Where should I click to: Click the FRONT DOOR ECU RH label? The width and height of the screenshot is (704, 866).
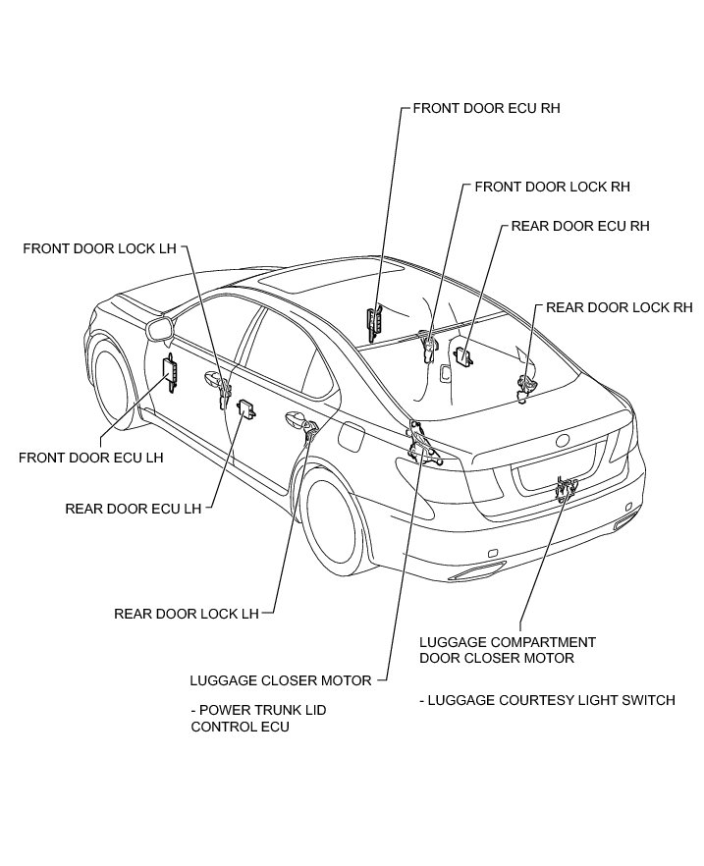tap(486, 108)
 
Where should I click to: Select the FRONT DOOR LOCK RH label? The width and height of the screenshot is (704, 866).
tap(552, 186)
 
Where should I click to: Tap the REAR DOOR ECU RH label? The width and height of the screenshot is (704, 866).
tap(580, 226)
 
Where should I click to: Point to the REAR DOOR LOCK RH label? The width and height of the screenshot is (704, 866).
tap(619, 307)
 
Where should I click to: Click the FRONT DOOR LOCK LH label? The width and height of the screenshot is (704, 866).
tap(99, 248)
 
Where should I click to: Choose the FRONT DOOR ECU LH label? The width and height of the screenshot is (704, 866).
tap(91, 457)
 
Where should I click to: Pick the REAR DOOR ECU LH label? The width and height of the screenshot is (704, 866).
tap(133, 509)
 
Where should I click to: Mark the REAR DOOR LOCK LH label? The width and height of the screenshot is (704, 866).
tap(186, 614)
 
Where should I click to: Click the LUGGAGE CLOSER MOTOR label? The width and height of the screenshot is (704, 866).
tap(281, 679)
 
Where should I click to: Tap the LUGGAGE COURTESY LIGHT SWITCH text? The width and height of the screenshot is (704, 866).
tap(547, 700)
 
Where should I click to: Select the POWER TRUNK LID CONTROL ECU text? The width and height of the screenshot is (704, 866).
tap(257, 718)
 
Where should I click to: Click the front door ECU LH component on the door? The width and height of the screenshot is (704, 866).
tap(170, 373)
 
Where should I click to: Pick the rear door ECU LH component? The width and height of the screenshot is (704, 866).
tap(247, 407)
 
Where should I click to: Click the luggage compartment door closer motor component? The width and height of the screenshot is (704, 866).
tap(565, 486)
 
